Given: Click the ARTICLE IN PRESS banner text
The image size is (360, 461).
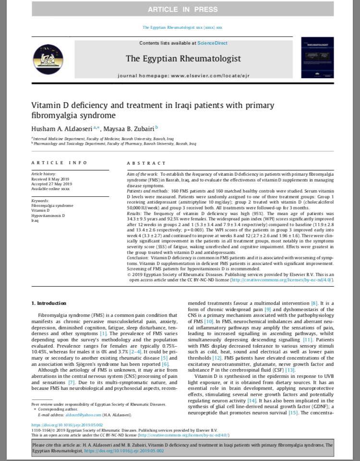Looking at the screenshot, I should coord(182,10).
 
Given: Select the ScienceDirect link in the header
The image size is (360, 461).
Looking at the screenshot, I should coord(212,43).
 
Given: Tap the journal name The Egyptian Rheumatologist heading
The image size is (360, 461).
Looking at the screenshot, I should coord(183,59).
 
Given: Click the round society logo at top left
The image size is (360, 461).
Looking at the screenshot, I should coord(48,59).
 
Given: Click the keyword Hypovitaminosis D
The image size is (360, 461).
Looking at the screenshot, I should coord(48,216).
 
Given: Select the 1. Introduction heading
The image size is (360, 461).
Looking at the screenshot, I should coord(49,303).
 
